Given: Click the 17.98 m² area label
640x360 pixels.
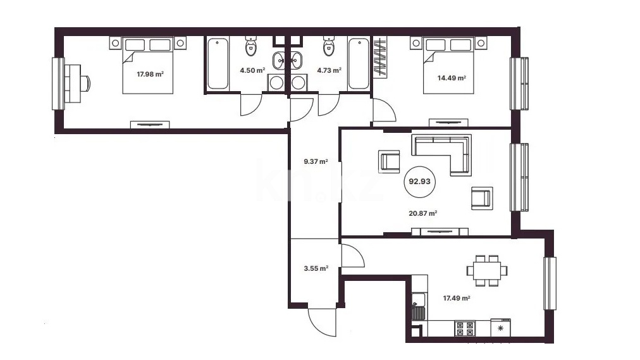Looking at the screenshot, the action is coord(151,74).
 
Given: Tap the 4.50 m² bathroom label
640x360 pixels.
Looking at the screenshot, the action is coord(253,70).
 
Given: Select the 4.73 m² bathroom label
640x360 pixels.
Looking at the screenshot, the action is coord(329,70).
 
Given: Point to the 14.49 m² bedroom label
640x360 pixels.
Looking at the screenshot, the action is coord(452,78).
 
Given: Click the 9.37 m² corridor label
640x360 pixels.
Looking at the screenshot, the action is coord(316,161).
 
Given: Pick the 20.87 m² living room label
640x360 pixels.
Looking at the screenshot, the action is coord(423,213).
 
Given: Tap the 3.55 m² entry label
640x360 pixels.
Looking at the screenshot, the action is coord(316,268).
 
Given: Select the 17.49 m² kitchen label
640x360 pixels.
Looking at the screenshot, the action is coord(457,298).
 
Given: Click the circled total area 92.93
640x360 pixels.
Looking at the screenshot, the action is coord(419,181).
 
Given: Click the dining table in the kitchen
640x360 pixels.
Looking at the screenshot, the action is coord(488,270).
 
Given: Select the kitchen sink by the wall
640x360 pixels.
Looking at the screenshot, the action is coord(419,306).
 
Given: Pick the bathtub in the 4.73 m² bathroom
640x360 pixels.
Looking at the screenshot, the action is coord(359,63).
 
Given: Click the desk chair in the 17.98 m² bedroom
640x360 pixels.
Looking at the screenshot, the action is coord(86,84).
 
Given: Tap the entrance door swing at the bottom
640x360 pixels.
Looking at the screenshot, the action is coord(323,323).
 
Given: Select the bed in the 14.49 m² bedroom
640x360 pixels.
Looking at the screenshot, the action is coord(448,65).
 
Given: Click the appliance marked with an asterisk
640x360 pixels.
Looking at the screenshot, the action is coord(500,328).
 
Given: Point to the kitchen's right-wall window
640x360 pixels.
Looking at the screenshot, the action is coord(550,283).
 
